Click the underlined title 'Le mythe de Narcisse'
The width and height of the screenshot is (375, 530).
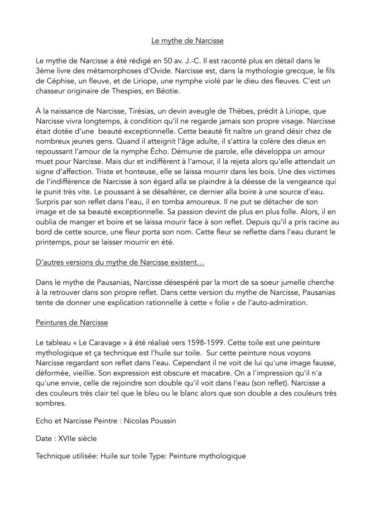click(187, 41)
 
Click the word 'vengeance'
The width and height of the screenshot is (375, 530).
click(305, 182)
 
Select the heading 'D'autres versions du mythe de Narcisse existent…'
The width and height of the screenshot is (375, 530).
click(120, 263)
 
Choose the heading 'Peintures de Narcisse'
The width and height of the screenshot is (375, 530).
click(72, 323)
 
